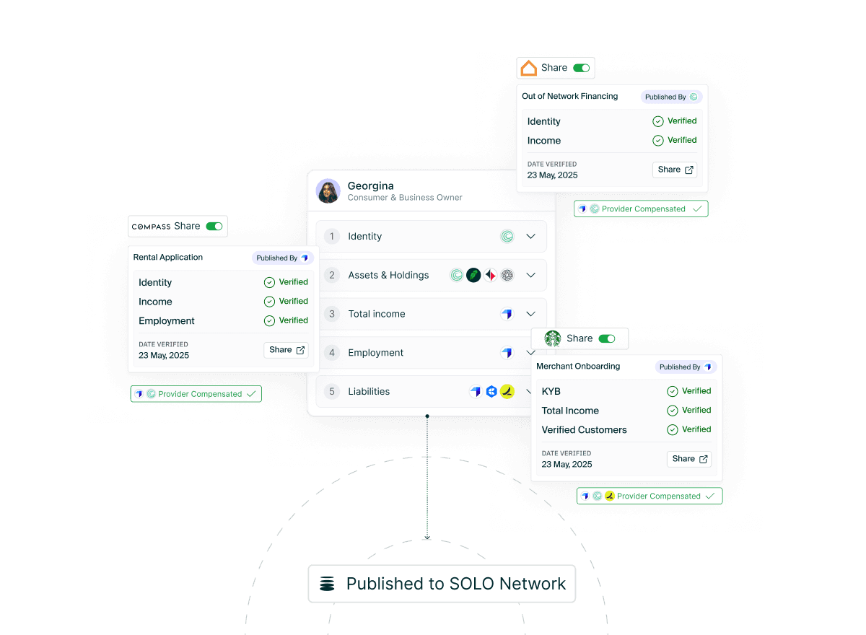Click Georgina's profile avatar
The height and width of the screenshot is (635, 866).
328,191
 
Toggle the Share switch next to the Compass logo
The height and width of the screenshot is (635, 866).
214,226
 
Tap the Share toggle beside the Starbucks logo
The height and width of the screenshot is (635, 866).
607,338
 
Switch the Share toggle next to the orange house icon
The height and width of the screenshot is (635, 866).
581,68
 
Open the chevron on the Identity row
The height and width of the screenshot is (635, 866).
531,236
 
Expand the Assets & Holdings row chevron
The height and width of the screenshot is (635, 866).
531,275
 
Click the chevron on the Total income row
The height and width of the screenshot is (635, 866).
531,314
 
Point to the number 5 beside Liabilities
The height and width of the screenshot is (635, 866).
332,392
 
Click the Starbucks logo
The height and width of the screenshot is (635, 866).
553,338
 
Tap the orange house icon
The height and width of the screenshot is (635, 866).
529,68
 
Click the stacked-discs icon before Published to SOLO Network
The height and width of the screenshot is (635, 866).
328,584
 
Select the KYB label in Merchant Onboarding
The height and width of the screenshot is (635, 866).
551,392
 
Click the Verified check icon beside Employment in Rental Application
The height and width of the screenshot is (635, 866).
270,320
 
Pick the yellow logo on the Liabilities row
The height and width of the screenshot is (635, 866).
507,392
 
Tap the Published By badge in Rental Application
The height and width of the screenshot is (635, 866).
282,258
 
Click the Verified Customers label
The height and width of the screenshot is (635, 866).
584,430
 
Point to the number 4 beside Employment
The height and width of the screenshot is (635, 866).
332,353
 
